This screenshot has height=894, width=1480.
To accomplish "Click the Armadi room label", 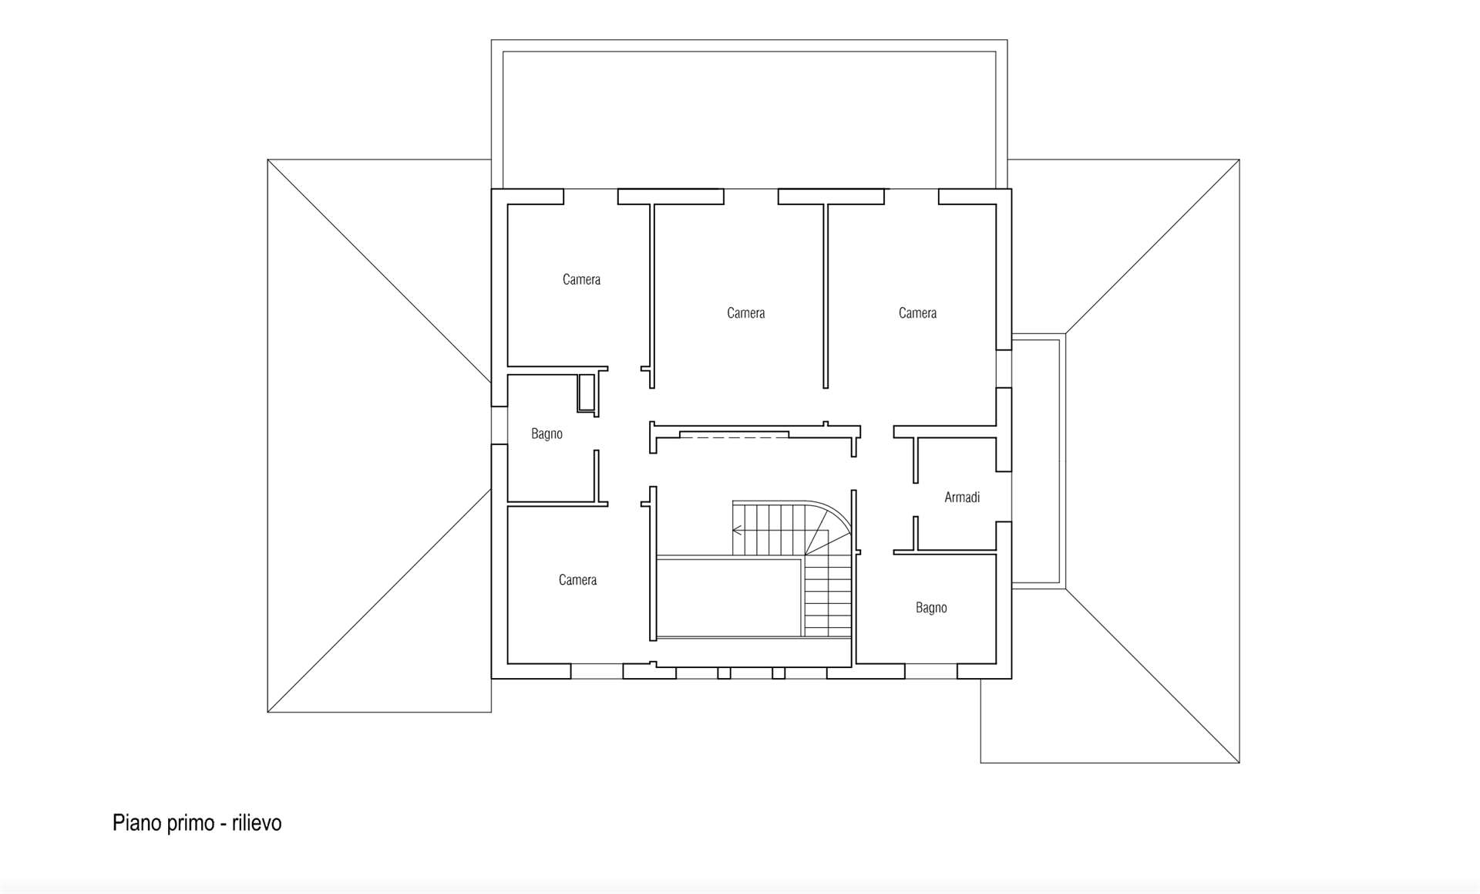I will click(962, 498).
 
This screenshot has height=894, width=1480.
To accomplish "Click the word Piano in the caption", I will click(135, 823).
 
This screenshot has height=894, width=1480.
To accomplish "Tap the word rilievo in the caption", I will click(257, 823).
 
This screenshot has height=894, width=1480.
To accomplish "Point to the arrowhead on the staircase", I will click(737, 530).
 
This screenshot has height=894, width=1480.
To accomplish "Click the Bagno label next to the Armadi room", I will click(931, 608).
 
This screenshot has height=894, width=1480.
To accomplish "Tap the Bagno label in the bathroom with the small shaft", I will click(547, 434).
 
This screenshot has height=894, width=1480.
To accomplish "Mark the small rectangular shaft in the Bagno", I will click(587, 393).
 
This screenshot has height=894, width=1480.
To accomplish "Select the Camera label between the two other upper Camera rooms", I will click(745, 313).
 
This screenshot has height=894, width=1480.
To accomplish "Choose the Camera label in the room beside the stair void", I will click(577, 580).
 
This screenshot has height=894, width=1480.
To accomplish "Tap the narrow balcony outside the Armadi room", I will click(1037, 461).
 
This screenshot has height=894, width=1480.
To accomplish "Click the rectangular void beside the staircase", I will click(728, 598).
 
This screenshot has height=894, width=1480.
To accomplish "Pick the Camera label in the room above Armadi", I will click(917, 313).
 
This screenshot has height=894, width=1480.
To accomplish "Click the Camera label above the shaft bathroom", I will click(581, 279).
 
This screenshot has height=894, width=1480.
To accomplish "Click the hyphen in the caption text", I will click(223, 824).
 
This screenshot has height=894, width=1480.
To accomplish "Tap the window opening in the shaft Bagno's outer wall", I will click(499, 425).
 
